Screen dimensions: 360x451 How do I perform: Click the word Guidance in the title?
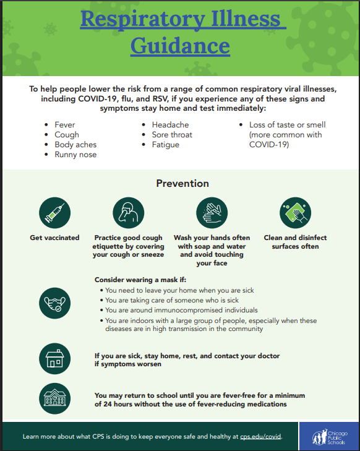(180, 45)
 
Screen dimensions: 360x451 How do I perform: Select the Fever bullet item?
(65, 125)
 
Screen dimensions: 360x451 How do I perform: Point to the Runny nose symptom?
(75, 155)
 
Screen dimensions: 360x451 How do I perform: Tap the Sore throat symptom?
(172, 135)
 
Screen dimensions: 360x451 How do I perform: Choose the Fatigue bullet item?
(166, 145)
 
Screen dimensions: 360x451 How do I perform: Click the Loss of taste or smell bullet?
(287, 125)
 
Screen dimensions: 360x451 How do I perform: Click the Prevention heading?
(182, 183)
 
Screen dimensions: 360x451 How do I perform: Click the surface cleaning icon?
(295, 212)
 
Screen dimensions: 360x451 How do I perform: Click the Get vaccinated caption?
(54, 238)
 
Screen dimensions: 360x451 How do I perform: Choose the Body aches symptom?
(75, 145)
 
